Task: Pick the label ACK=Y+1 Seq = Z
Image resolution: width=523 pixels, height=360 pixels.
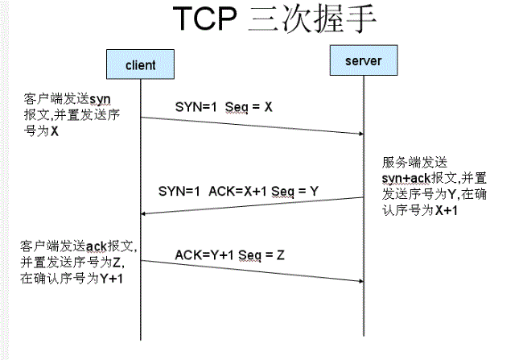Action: click(x=230, y=255)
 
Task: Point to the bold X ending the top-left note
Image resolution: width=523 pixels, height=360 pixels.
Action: click(x=54, y=131)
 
